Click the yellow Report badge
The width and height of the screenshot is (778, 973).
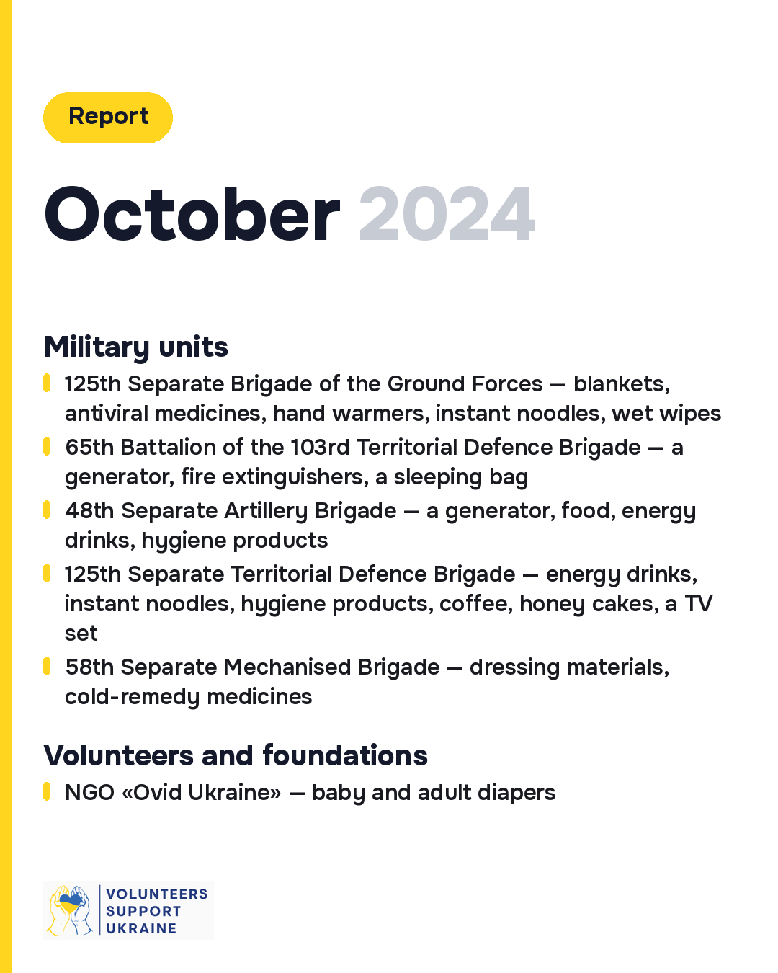[x=107, y=117]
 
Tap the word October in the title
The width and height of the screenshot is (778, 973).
[x=192, y=214]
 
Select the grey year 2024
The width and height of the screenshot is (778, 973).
[x=447, y=214]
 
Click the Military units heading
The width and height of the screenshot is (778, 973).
[x=135, y=347]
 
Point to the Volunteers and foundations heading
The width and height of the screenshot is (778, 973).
[x=235, y=755]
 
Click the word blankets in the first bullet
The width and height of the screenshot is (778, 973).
[x=622, y=384]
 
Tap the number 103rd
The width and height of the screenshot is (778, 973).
[x=320, y=448]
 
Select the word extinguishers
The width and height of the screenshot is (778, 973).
[x=295, y=477]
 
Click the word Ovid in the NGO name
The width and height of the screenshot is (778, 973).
[x=157, y=793]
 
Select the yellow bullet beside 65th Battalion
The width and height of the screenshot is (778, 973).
[x=47, y=447]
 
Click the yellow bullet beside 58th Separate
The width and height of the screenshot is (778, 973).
[x=47, y=667]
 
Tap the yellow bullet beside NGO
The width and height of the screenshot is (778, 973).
[x=47, y=791]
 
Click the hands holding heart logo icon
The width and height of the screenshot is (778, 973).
[x=70, y=910]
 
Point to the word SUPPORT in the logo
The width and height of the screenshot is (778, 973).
[x=143, y=911]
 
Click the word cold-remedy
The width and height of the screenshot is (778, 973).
[x=132, y=697]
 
